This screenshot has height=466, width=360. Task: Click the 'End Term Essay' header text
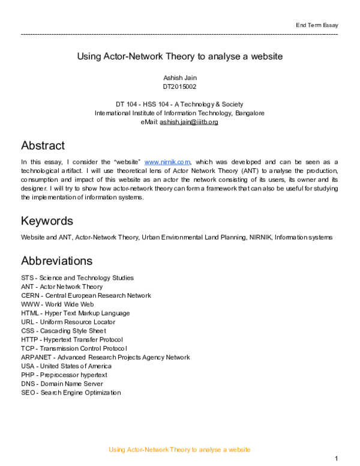317,25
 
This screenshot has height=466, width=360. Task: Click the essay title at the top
179,56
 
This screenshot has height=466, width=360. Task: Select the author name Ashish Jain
179,78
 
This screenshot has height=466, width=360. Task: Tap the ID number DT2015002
179,86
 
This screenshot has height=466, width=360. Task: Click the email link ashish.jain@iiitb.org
188,122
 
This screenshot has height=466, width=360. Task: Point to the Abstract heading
43,145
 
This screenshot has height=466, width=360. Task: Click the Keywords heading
47,220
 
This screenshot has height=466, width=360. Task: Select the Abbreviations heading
56,261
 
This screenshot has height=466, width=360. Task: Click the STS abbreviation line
77,278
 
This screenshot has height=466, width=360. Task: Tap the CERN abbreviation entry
86,295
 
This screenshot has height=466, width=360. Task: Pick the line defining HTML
75,313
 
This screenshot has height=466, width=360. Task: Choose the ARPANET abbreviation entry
105,357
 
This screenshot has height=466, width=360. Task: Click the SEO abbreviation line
71,393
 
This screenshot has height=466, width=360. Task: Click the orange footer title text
179,450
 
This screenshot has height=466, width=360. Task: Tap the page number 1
336,459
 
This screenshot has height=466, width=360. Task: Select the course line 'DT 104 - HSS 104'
179,104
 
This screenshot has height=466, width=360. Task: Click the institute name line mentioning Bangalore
179,113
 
